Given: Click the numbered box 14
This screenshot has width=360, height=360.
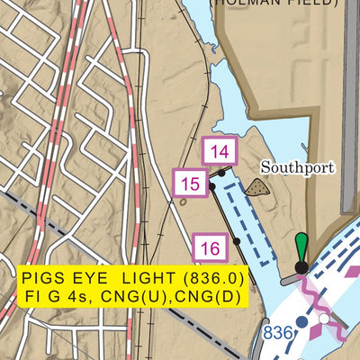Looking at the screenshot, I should [x=220, y=151].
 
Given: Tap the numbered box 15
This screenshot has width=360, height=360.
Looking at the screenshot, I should [x=190, y=184].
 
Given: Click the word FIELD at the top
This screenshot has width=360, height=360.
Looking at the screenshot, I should [x=306, y=3].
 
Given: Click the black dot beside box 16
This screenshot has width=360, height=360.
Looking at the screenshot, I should [x=236, y=241].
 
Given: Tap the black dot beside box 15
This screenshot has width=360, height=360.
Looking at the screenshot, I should [x=211, y=186].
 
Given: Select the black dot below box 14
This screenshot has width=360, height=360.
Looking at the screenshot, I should [x=222, y=170].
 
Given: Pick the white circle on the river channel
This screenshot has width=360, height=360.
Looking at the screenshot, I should [x=323, y=318].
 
